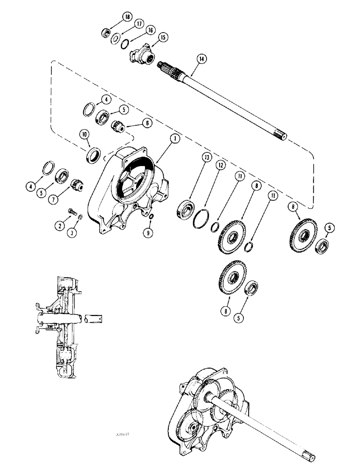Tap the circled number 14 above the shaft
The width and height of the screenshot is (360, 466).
201,59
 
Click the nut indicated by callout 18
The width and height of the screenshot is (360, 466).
105,33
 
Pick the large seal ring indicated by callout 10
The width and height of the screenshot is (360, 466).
93,154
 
